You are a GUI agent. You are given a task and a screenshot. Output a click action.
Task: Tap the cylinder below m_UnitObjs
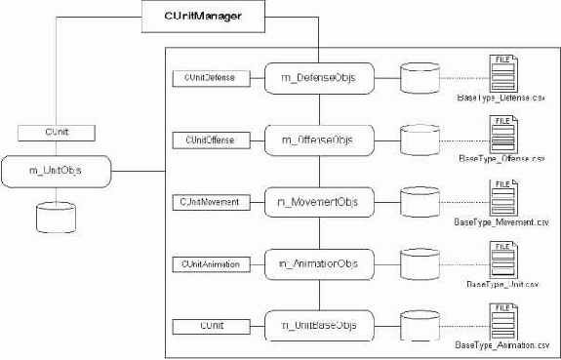pos(56,216)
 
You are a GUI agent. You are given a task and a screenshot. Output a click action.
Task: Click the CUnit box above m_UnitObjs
pos(56,130)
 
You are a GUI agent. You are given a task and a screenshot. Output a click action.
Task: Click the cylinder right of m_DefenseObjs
pos(421,78)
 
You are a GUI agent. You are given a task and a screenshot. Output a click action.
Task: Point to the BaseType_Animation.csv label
pos(501,345)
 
